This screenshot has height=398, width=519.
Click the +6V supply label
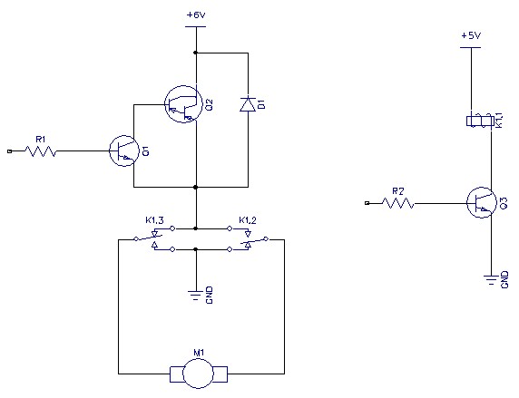click(196, 15)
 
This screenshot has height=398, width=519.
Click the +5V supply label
click(471, 35)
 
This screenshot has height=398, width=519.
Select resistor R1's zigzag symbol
click(41, 151)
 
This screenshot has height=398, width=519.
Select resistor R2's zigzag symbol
click(397, 203)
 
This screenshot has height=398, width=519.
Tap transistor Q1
click(124, 150)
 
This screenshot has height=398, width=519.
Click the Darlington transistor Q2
click(183, 104)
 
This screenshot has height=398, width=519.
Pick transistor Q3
click(482, 202)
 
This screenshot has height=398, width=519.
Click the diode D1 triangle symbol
click(248, 104)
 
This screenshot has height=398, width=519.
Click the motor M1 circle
click(199, 374)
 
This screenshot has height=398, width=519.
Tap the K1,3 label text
click(154, 220)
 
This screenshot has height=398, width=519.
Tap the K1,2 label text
click(248, 220)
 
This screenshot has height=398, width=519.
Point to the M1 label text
click(199, 353)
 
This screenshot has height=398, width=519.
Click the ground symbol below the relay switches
click(196, 295)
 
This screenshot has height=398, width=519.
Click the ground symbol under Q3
click(491, 279)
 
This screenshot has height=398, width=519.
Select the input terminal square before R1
click(10, 151)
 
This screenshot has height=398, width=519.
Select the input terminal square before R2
click(367, 203)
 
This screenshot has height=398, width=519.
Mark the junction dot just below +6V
click(196, 53)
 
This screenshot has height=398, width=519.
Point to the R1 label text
click(41, 140)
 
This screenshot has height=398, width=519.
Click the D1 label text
click(261, 104)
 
